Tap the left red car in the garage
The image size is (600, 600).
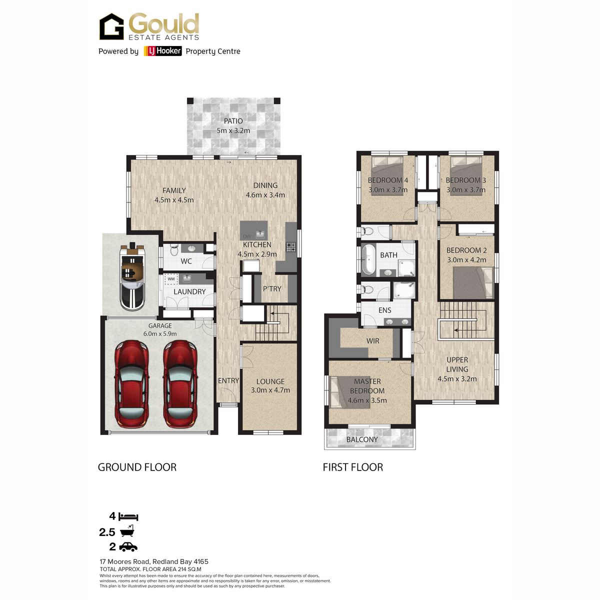[x=131, y=384]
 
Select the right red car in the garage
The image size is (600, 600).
[x=180, y=384]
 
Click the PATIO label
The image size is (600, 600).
[x=233, y=121]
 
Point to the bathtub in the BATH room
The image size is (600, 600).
[x=368, y=259]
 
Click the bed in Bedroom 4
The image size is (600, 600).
[x=387, y=175]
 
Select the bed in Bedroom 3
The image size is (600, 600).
[x=466, y=175]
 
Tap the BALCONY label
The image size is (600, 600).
[x=362, y=439]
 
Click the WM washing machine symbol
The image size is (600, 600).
[x=171, y=279]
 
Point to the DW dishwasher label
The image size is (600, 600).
[x=247, y=236]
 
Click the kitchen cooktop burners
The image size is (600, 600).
[x=291, y=247]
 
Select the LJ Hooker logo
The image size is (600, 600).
[x=162, y=51]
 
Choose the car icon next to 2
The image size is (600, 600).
[x=128, y=547]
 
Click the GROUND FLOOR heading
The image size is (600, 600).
[x=137, y=467]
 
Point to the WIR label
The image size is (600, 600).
[x=372, y=341]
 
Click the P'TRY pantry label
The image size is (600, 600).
[x=272, y=288]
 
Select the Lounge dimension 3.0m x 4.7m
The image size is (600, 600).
[x=270, y=390]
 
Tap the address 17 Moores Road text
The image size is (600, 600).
[x=125, y=561]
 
